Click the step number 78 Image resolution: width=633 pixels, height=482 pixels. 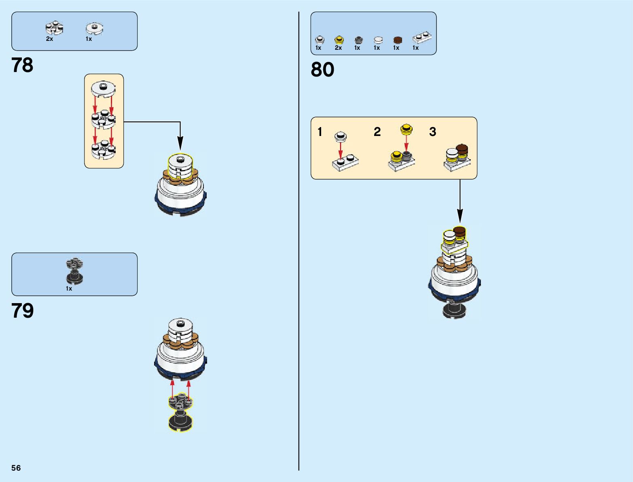(x=22, y=65)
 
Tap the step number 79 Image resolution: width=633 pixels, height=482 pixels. (x=22, y=311)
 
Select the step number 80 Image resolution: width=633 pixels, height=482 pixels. (x=322, y=70)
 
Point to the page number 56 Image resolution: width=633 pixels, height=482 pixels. (x=16, y=468)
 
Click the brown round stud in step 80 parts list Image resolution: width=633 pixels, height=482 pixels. (x=398, y=40)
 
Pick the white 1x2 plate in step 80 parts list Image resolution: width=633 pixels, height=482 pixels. (x=422, y=38)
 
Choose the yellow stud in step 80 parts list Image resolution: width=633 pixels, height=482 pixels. (x=339, y=40)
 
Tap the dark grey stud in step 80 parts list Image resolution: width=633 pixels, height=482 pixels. (x=358, y=40)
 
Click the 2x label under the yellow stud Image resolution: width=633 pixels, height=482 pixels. (x=338, y=48)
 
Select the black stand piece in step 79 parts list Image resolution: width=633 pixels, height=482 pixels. (x=74, y=272)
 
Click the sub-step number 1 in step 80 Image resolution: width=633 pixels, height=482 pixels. (x=320, y=132)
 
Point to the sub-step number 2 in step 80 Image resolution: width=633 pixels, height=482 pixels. (x=377, y=132)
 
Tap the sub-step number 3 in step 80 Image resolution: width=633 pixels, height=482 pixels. (x=432, y=132)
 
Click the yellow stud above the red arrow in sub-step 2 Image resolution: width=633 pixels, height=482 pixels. (x=406, y=129)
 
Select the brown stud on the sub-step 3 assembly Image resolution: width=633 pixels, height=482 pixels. (x=462, y=149)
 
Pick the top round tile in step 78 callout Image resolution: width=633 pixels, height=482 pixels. (x=103, y=88)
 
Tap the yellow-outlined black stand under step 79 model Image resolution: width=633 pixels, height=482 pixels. (x=180, y=413)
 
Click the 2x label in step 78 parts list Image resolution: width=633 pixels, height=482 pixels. (x=49, y=39)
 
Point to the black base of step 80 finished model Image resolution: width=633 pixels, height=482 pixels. (x=455, y=310)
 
